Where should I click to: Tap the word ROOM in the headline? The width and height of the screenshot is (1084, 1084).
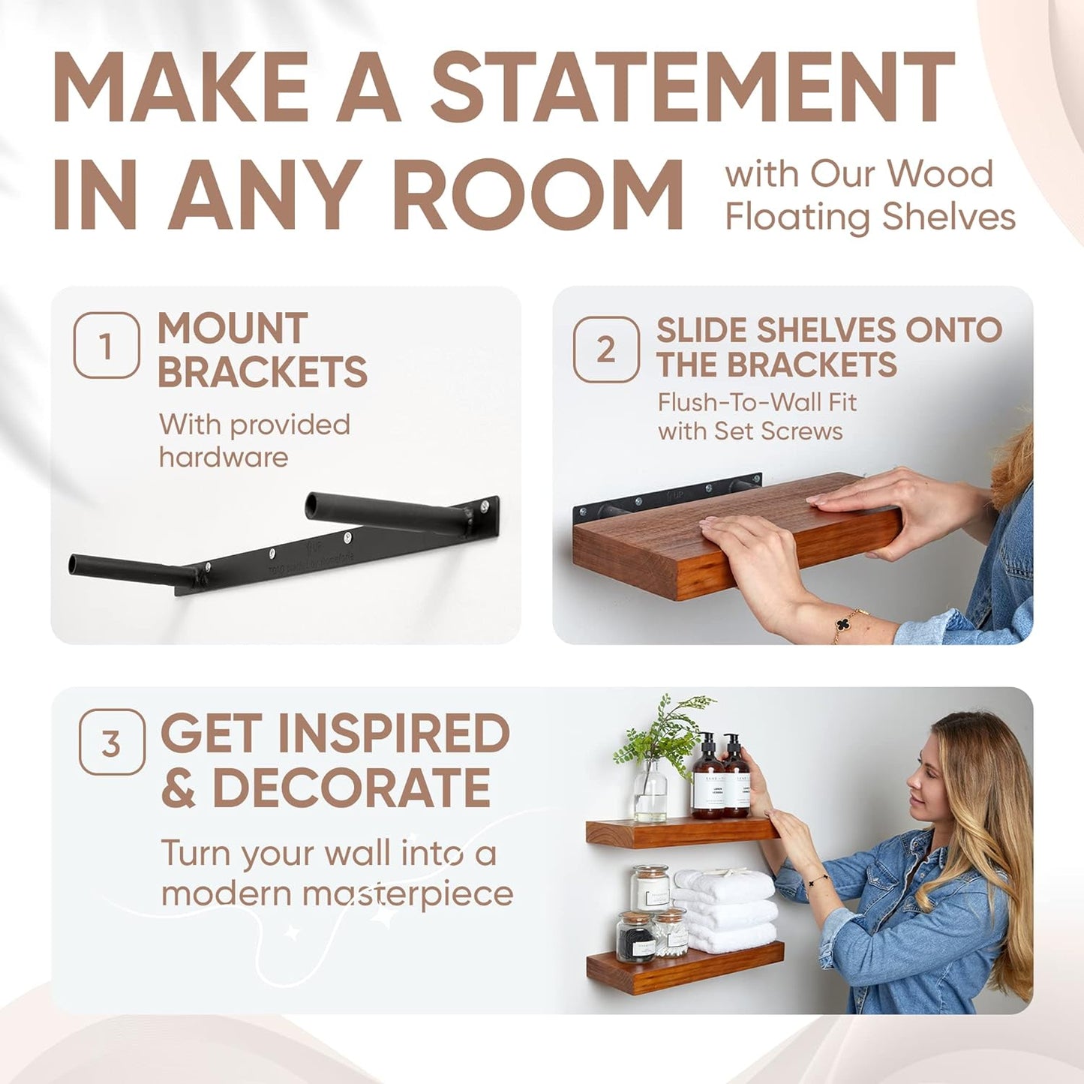[537, 194]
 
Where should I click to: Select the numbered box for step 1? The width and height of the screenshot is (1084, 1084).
[107, 346]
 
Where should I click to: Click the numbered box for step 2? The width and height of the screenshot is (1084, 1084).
[606, 350]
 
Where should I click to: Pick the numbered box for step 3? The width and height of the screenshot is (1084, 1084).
[112, 742]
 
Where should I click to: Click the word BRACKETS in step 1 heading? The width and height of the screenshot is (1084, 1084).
[263, 372]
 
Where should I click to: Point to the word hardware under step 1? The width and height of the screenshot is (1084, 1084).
[224, 457]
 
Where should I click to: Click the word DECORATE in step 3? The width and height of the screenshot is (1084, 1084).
[351, 788]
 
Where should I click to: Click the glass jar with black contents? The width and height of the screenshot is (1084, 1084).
[635, 937]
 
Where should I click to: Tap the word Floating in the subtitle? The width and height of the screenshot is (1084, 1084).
[797, 217]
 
